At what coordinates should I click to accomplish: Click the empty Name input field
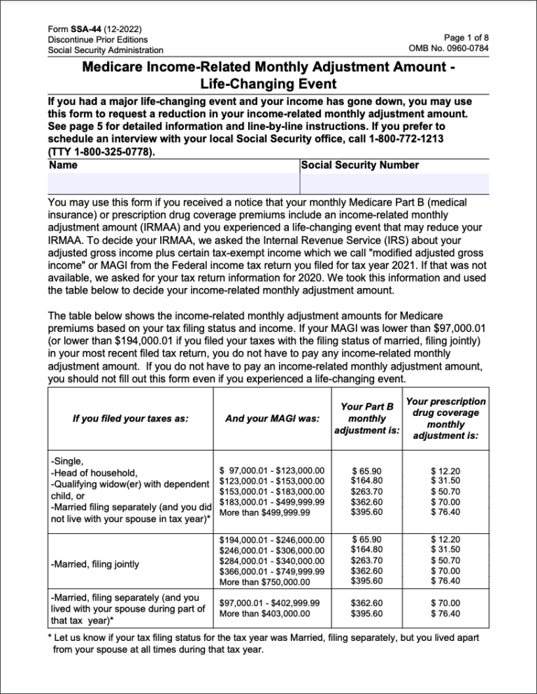point(173,183)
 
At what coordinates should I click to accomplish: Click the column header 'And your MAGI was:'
point(272,418)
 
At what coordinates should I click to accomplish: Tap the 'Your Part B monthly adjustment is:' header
point(366,418)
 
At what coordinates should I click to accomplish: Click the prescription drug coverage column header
point(445,418)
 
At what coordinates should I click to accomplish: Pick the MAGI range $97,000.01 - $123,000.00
point(272,472)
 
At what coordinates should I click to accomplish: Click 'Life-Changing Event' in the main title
point(268,83)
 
